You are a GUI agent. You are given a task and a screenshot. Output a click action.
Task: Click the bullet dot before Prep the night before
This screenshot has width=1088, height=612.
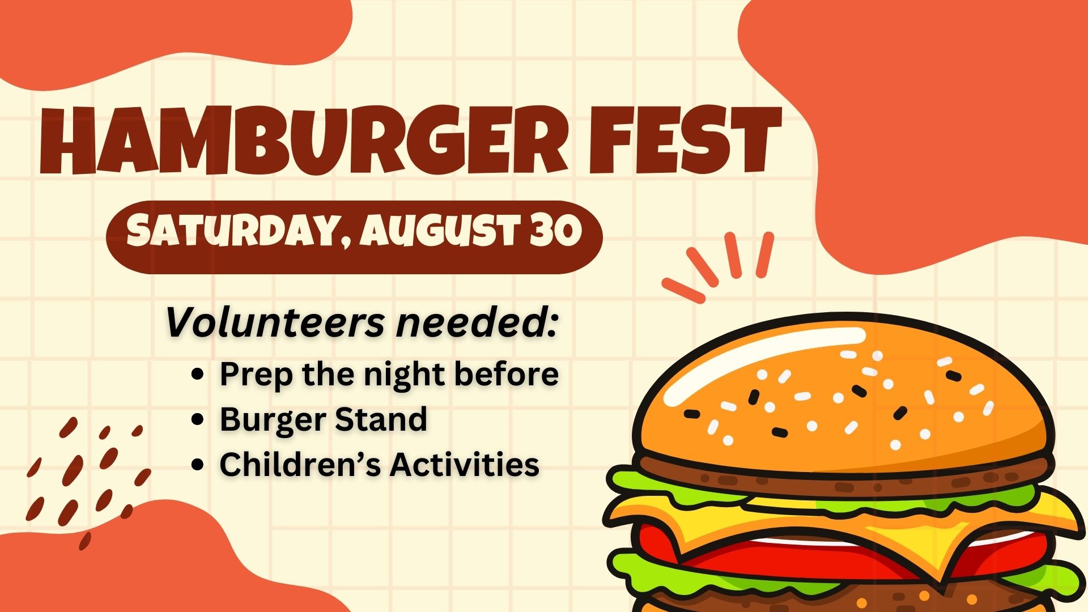pos(198,374)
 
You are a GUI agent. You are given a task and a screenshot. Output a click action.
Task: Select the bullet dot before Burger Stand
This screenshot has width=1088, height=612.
pos(198,419)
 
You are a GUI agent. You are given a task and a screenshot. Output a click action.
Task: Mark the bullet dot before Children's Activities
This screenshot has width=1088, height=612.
pos(198,465)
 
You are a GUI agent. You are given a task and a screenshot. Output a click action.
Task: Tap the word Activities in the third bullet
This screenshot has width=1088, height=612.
pos(464,465)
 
